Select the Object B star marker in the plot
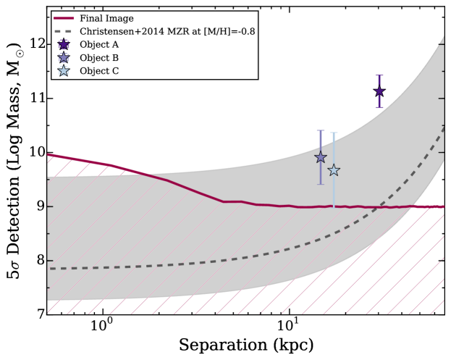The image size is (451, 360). (321, 158)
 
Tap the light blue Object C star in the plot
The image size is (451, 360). (334, 170)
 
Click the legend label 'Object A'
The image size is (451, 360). (98, 45)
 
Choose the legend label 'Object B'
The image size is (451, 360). (98, 58)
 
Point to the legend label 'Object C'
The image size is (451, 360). (98, 71)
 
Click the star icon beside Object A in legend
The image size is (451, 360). (63, 45)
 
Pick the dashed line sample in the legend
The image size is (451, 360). (63, 32)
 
